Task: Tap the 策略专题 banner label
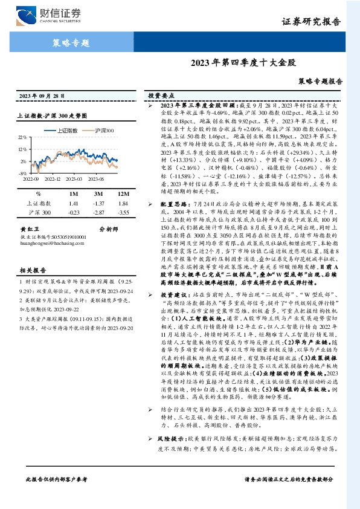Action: click(67, 42)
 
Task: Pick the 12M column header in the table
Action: click(124, 193)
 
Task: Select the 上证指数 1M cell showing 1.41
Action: click(74, 204)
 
